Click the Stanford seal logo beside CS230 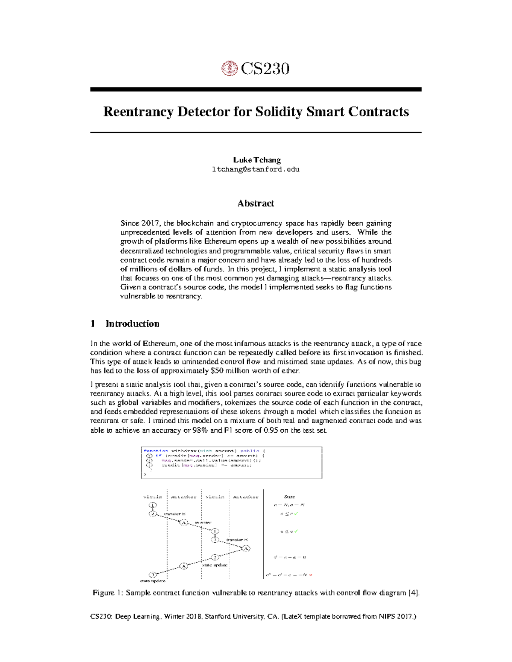pos(230,68)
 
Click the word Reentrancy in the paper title pos(138,112)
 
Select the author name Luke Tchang pos(256,160)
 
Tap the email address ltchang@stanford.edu pos(256,169)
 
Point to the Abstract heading pos(256,203)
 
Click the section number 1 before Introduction pos(93,324)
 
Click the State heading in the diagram pos(289,497)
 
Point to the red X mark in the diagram pos(311,575)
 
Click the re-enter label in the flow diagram pos(203,522)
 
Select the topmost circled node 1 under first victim pos(153,505)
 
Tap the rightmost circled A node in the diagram pos(246,548)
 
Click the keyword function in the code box pos(156,451)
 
